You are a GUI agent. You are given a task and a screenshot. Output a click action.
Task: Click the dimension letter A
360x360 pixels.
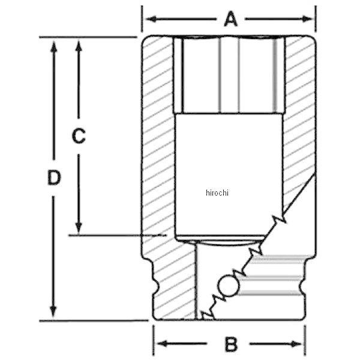point(230,19)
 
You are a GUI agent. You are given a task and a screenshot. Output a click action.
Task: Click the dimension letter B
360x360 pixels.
point(231,344)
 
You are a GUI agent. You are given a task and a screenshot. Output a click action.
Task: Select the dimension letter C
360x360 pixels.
point(79,136)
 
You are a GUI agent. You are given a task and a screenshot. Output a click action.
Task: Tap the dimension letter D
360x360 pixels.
point(54,177)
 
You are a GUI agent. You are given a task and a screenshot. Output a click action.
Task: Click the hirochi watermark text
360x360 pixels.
point(217,193)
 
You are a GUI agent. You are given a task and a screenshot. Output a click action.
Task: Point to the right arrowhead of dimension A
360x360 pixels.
point(307,19)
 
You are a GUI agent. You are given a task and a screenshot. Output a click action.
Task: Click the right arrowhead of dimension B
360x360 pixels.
point(296,344)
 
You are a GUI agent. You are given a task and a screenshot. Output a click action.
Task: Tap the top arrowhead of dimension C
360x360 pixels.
point(79,47)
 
